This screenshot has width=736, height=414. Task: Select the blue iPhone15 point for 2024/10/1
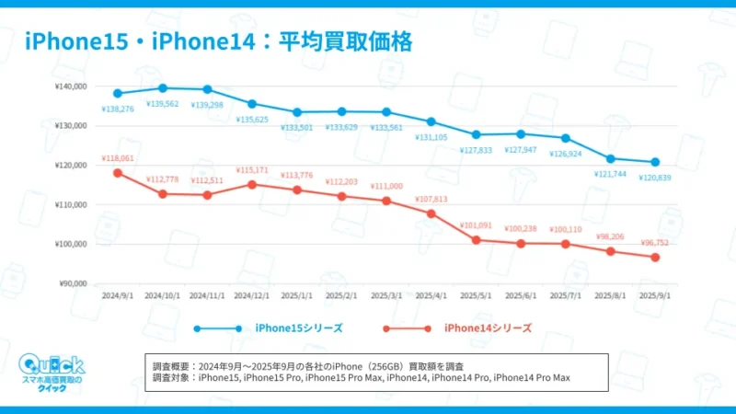click(x=163, y=88)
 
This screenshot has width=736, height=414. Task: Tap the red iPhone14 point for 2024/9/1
click(x=118, y=173)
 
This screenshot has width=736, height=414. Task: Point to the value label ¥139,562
click(x=163, y=103)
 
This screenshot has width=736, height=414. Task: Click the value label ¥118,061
click(x=118, y=157)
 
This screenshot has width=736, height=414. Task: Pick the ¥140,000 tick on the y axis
click(x=70, y=86)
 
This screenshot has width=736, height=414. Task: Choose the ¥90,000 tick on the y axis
click(x=72, y=283)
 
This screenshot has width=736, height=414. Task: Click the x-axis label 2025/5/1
click(x=477, y=296)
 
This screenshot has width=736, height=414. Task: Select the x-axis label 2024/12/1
click(x=252, y=296)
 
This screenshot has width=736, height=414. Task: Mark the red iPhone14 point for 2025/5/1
click(x=477, y=240)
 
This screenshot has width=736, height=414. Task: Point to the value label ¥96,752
click(x=656, y=243)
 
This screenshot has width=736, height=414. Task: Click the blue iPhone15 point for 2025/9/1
click(x=656, y=162)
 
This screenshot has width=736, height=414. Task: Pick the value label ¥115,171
click(x=252, y=170)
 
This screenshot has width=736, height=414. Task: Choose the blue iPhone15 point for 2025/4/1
click(x=431, y=121)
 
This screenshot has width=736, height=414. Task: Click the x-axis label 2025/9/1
click(x=656, y=296)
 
